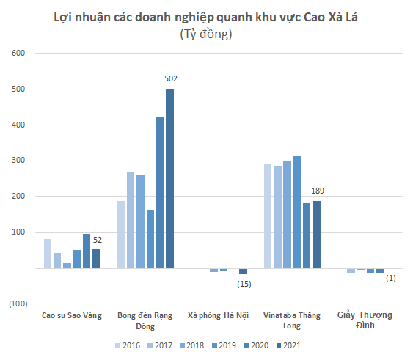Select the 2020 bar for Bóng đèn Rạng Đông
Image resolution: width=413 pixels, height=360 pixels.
pos(160,192)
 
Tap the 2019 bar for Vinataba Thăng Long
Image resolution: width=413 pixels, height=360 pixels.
pos(297,212)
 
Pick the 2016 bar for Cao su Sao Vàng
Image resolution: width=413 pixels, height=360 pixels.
pos(48,254)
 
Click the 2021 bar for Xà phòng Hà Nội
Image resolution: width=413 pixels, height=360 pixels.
pos(243,271)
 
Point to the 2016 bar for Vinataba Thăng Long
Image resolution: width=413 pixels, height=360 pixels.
pos(268,216)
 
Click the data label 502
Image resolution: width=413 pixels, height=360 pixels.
pos(171,78)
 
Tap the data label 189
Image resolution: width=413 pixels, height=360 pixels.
pos(318,191)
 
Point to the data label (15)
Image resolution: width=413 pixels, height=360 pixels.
pos(244,284)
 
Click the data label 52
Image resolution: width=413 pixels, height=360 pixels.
pos(98,240)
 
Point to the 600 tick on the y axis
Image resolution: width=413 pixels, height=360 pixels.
pos(19,54)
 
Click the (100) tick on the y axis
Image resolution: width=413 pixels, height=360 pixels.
pos(18,304)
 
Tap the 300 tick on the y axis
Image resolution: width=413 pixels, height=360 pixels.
pos(19,161)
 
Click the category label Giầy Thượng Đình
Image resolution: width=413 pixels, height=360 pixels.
pos(365,320)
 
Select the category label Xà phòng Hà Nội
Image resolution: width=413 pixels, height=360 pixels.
pos(218,315)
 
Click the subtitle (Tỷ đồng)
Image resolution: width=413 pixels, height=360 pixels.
pos(206,34)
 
